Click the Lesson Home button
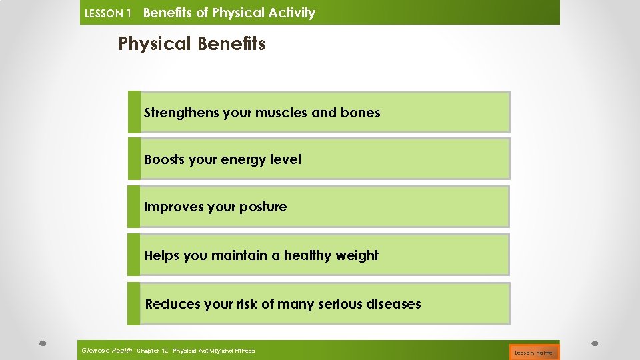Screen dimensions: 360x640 (534, 352)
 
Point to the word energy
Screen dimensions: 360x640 (245, 160)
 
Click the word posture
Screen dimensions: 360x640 (263, 207)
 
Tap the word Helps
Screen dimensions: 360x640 (162, 255)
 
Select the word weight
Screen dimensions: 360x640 (358, 255)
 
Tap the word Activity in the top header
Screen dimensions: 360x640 (289, 13)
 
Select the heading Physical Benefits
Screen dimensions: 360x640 (192, 44)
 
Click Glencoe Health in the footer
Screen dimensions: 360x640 (107, 350)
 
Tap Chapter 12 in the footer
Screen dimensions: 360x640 (152, 351)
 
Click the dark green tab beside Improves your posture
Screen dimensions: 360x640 (134, 207)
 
